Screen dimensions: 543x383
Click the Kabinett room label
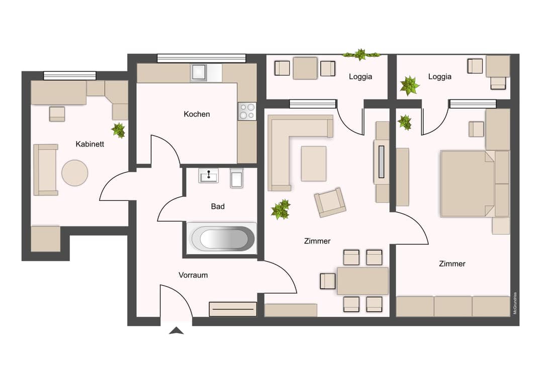pyautogui.click(x=89, y=144)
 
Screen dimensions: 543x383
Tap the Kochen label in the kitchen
pyautogui.click(x=197, y=114)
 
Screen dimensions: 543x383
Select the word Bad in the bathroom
pyautogui.click(x=218, y=206)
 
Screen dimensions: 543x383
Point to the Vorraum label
pyautogui.click(x=193, y=275)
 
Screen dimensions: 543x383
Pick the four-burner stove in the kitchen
pyautogui.click(x=247, y=111)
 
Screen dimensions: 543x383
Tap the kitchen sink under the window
pyautogui.click(x=199, y=73)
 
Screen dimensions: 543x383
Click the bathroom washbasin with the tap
pyautogui.click(x=209, y=176)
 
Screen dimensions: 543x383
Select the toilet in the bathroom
pyautogui.click(x=237, y=178)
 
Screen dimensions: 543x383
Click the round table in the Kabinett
pyautogui.click(x=75, y=173)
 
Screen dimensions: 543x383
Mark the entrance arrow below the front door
pyautogui.click(x=176, y=331)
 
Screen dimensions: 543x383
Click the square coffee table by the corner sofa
pyautogui.click(x=314, y=164)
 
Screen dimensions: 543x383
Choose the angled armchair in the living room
pyautogui.click(x=330, y=202)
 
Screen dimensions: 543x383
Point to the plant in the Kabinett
pyautogui.click(x=119, y=130)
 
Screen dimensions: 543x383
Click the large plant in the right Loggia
pyautogui.click(x=409, y=86)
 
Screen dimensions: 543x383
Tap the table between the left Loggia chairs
pyautogui.click(x=305, y=68)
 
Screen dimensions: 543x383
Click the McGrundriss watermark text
pyautogui.click(x=515, y=303)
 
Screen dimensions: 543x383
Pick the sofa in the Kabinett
pyautogui.click(x=45, y=170)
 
